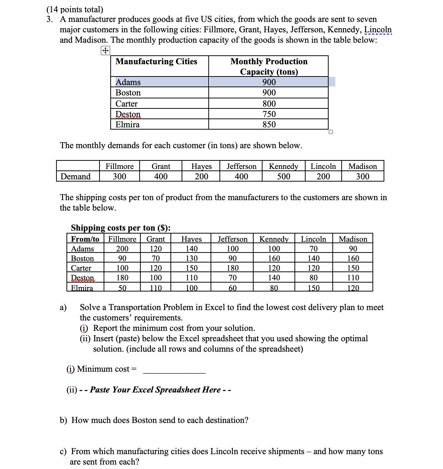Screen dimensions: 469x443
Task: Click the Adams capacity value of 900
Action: tap(269, 82)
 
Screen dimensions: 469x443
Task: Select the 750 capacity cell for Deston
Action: tap(269, 114)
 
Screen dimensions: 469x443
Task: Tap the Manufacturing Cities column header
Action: tap(156, 62)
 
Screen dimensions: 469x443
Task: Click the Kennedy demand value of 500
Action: tap(284, 176)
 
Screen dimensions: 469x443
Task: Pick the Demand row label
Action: tap(75, 176)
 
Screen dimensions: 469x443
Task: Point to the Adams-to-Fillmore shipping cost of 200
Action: tap(122, 249)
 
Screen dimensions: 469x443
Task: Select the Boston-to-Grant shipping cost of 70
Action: tap(156, 258)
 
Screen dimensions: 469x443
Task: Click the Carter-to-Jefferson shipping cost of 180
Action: tap(232, 268)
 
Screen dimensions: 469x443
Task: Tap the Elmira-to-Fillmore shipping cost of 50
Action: tap(122, 288)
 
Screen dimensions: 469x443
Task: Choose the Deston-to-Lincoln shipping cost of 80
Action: tap(313, 278)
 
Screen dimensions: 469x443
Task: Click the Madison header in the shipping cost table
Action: tap(353, 239)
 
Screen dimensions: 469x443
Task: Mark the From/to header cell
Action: tap(85, 239)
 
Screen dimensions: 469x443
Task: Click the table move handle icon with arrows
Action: tap(105, 51)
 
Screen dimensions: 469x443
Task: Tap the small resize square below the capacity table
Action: tap(331, 132)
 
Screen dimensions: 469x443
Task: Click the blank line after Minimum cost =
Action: tap(174, 369)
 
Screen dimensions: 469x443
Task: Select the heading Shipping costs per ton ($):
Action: tap(121, 228)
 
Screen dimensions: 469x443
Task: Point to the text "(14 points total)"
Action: tap(75, 9)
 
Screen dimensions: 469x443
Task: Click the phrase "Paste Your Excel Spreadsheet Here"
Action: tap(155, 390)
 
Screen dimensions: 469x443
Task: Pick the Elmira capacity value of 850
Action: tap(269, 124)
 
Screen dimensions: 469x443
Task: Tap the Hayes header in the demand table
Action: tap(201, 166)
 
